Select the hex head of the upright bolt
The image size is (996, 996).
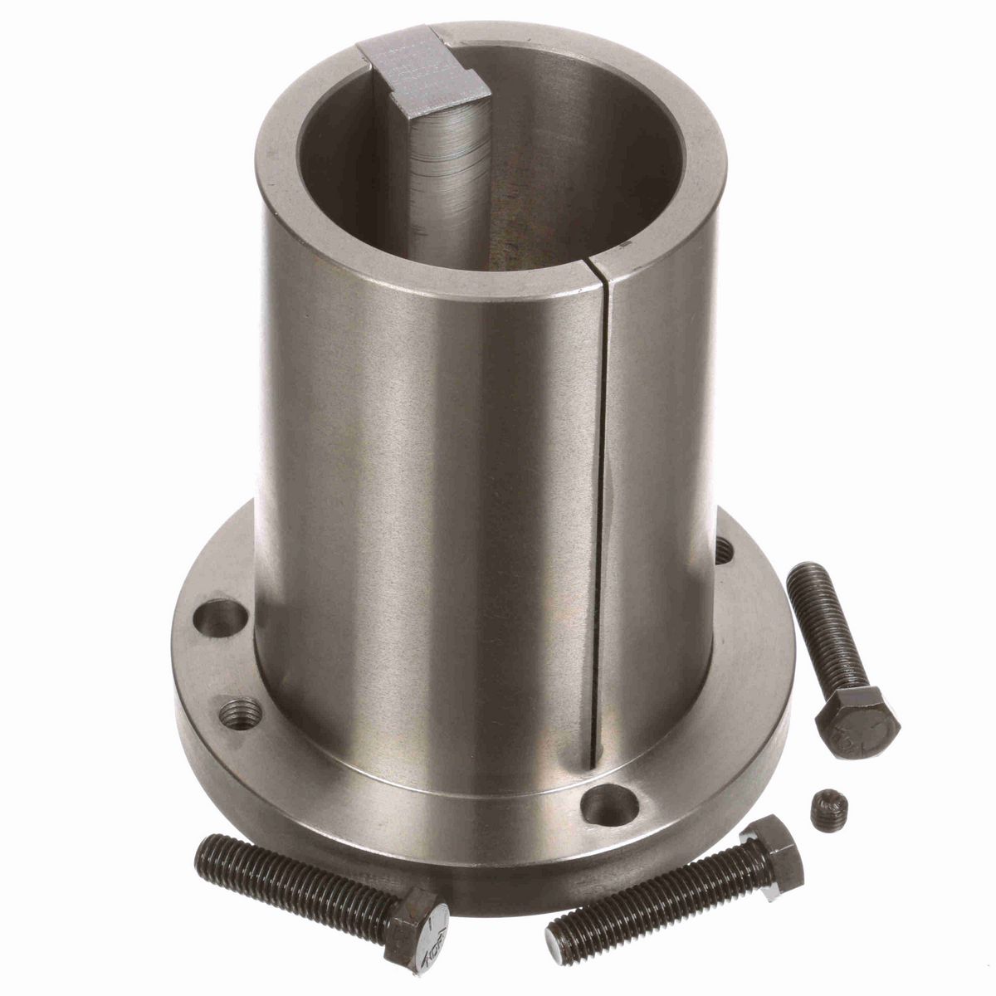pyautogui.click(x=857, y=720)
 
